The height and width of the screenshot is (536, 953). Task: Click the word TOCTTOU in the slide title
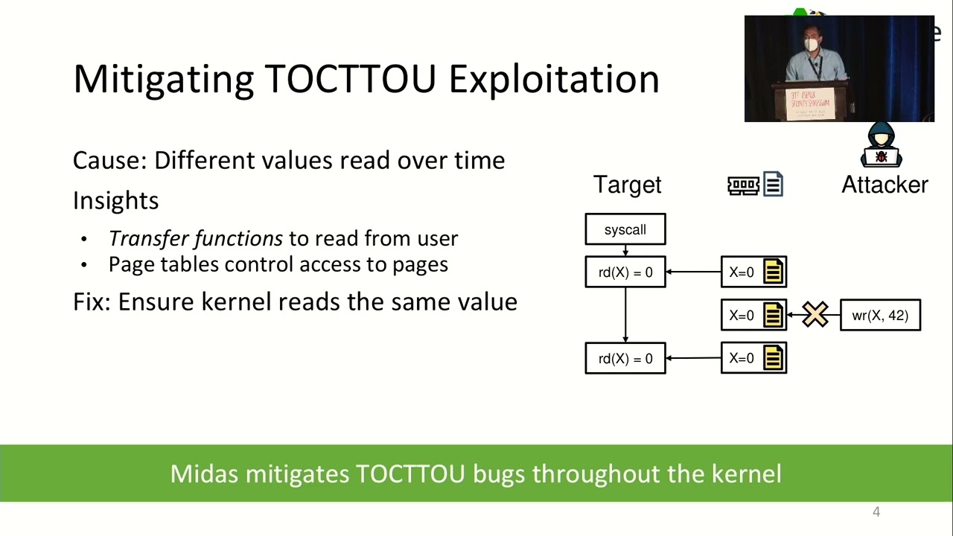(x=350, y=79)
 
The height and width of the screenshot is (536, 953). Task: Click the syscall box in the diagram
(x=625, y=229)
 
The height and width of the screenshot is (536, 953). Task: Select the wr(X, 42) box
(x=880, y=315)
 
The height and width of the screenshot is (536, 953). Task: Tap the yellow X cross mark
(x=815, y=315)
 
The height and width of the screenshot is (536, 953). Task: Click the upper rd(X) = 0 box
(x=625, y=272)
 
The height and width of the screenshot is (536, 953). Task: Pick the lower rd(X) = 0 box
(x=625, y=359)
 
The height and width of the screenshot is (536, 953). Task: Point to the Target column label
(x=627, y=185)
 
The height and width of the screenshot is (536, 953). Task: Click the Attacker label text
(x=885, y=185)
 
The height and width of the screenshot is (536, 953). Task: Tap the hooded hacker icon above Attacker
(x=882, y=145)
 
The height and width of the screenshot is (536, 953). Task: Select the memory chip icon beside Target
(x=743, y=185)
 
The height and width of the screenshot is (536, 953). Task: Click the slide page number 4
(x=876, y=512)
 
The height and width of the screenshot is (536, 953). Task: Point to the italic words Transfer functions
(x=195, y=238)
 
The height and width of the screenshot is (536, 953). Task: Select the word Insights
(x=115, y=200)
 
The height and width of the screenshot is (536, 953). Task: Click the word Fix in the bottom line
(x=91, y=301)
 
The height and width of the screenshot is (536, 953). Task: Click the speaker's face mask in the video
(x=811, y=45)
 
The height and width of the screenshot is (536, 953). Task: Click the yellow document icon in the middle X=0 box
(x=773, y=316)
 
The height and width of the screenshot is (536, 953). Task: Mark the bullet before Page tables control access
(x=84, y=265)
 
